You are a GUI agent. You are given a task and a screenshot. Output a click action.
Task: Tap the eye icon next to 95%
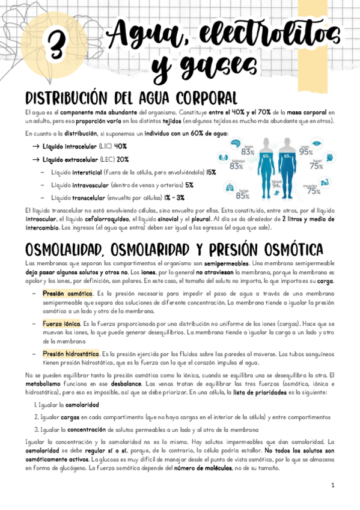(323, 146)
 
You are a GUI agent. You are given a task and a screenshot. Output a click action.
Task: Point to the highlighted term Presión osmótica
(67, 293)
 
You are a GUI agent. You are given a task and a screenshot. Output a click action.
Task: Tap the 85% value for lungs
(243, 195)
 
